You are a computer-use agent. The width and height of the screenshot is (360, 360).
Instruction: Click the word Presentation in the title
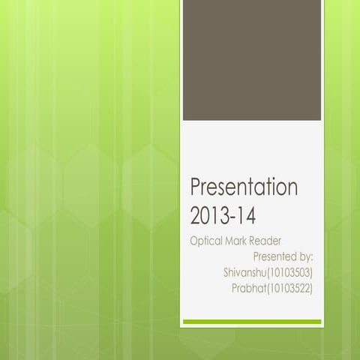[244, 187]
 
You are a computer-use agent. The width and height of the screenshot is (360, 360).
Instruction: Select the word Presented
[271, 256]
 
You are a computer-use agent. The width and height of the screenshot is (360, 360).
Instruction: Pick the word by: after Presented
[305, 256]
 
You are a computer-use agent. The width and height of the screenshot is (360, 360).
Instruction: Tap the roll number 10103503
[288, 271]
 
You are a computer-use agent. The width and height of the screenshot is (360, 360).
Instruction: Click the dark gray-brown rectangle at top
[252, 60]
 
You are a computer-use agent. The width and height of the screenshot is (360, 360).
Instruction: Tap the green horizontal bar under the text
[252, 322]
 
